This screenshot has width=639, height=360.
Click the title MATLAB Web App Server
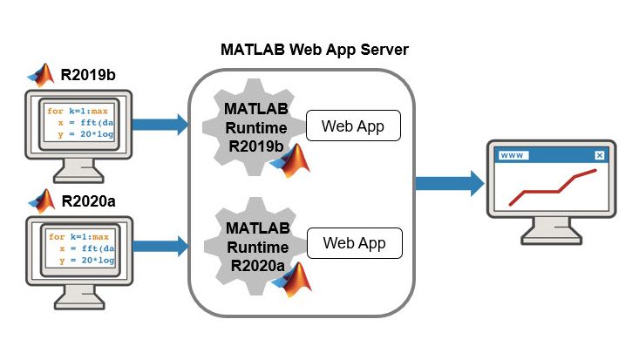[314, 49]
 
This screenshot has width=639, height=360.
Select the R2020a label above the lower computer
[89, 201]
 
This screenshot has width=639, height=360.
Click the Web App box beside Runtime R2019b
[352, 126]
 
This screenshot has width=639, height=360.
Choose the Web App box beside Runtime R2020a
[354, 243]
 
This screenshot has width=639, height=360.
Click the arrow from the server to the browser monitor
[449, 183]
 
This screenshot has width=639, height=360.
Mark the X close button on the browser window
[599, 155]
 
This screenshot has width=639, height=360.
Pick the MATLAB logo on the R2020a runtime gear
[296, 278]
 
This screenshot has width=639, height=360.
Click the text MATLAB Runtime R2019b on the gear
[254, 127]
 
